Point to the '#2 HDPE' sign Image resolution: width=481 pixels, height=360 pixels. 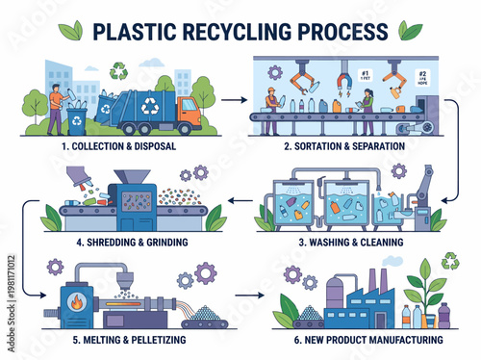coord(421,80)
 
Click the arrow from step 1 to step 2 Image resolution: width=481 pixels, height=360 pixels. coord(231,98)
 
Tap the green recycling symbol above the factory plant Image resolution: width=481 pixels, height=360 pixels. coord(449,261)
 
